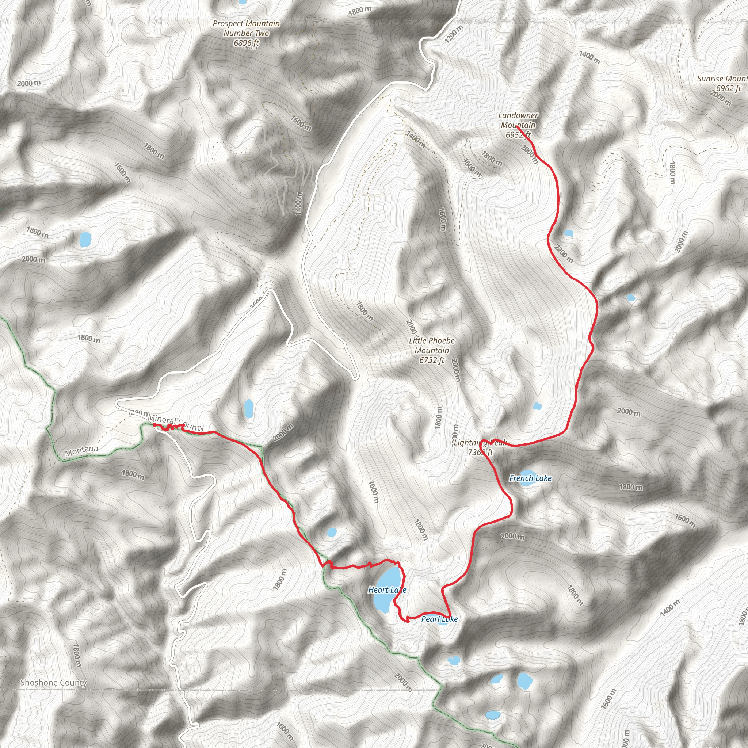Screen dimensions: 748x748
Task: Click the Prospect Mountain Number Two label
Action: (x=246, y=28)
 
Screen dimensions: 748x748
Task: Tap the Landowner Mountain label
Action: (x=518, y=120)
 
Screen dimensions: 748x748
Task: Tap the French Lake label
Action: (x=530, y=478)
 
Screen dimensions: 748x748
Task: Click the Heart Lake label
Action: (x=387, y=589)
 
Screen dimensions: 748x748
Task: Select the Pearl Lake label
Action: (x=439, y=619)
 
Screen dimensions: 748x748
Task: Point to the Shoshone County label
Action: (x=53, y=682)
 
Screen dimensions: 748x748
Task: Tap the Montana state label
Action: (x=81, y=451)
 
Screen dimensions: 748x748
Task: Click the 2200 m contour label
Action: (x=563, y=253)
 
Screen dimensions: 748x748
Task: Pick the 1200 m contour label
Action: (x=453, y=34)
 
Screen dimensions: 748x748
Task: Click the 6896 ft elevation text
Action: (x=246, y=43)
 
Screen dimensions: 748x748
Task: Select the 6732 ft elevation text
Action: (x=432, y=360)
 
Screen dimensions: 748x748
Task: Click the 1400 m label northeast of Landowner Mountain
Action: (x=589, y=58)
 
